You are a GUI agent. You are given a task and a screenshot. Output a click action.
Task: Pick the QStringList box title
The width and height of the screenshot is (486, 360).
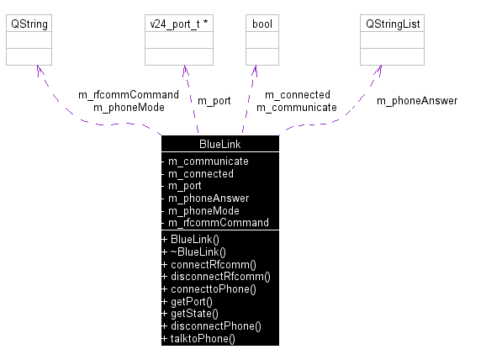tap(392, 24)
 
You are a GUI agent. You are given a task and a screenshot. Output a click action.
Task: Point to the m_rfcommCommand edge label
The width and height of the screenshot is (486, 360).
tap(128, 94)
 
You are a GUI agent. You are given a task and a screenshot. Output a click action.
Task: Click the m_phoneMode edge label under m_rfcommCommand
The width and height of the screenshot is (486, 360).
tap(128, 107)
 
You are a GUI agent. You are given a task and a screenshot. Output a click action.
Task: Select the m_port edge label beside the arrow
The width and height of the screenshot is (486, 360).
tap(214, 101)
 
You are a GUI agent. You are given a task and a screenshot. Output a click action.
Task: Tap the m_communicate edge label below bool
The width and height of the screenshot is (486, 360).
tap(296, 107)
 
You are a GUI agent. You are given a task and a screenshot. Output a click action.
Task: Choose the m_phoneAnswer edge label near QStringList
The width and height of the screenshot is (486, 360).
tap(416, 101)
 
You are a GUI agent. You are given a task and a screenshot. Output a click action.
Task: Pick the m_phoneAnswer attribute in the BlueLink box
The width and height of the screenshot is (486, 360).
tap(209, 199)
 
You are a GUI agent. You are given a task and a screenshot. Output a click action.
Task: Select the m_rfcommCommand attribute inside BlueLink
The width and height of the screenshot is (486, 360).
tap(218, 223)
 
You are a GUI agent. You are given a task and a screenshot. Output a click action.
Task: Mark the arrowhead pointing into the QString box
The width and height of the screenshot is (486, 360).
tap(34, 70)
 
